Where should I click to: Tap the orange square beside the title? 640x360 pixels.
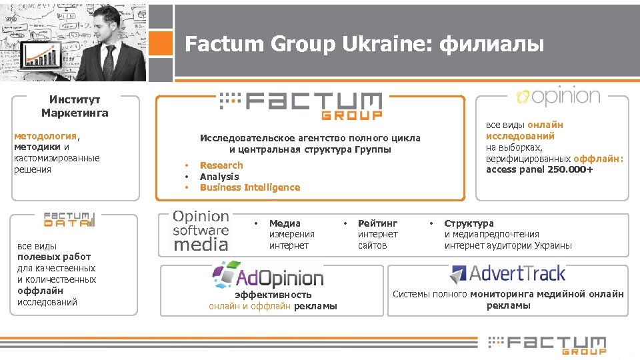click(161, 43)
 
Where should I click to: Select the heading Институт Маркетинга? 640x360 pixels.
click(75, 106)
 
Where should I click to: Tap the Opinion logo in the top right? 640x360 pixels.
click(557, 97)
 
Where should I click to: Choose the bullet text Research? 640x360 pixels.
click(221, 165)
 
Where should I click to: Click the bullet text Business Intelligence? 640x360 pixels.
click(250, 187)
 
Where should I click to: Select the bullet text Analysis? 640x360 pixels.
click(219, 177)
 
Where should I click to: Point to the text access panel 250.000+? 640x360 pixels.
click(539, 169)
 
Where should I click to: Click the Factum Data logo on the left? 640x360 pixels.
click(70, 219)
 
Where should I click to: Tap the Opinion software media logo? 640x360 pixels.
click(201, 231)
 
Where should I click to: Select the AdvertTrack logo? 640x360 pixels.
click(508, 273)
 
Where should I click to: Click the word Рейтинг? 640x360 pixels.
click(377, 223)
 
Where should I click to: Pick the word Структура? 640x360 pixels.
click(469, 223)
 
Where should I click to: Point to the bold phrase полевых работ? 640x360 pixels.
click(54, 257)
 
